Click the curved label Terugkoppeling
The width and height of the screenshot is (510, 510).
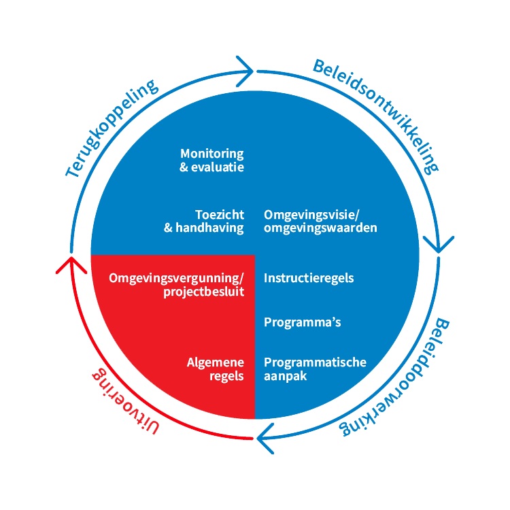(112, 129)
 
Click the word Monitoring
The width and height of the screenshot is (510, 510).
(211, 154)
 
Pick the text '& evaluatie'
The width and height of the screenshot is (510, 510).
(211, 167)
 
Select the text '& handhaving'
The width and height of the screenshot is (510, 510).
(204, 228)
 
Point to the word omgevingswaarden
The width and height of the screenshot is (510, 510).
(320, 228)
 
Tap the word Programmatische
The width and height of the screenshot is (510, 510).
(315, 362)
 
